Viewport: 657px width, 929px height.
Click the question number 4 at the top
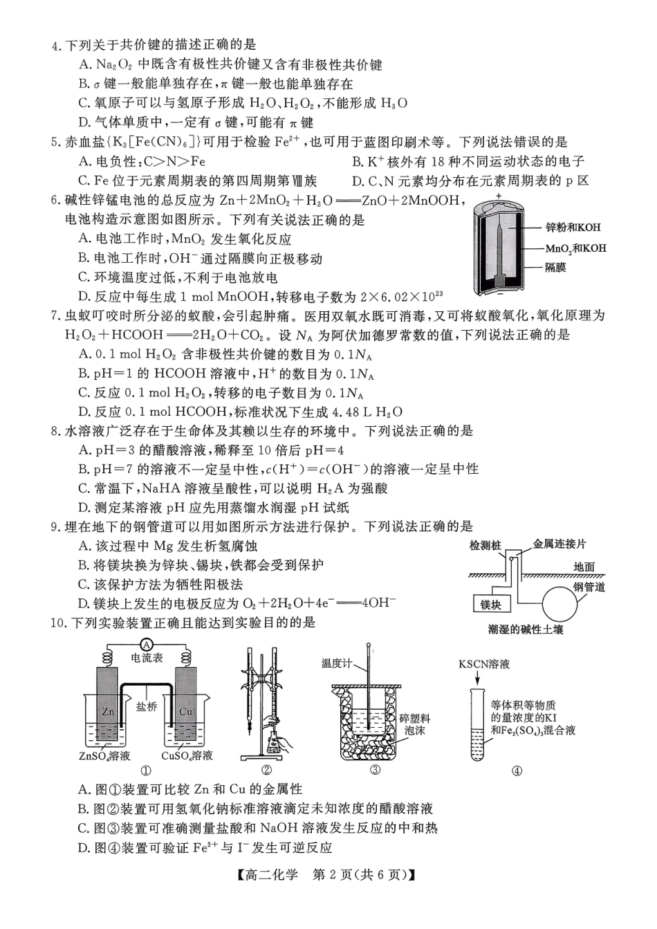pyautogui.click(x=56, y=46)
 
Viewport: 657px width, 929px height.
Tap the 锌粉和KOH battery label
pyautogui.click(x=573, y=228)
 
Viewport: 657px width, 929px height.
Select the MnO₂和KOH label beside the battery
pyautogui.click(x=575, y=248)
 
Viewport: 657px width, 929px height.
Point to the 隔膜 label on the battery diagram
pyautogui.click(x=555, y=268)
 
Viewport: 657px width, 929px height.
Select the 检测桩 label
pyautogui.click(x=485, y=546)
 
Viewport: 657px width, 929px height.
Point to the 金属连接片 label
pyautogui.click(x=559, y=544)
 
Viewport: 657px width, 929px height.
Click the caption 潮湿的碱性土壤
pyautogui.click(x=525, y=629)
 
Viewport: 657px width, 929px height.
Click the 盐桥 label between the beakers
pyautogui.click(x=146, y=707)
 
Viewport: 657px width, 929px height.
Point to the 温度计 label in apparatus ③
pyautogui.click(x=337, y=663)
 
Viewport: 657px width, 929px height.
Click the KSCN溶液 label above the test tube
pyautogui.click(x=484, y=664)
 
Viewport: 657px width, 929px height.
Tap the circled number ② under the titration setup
pyautogui.click(x=266, y=771)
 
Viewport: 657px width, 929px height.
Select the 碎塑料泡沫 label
pyautogui.click(x=415, y=724)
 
